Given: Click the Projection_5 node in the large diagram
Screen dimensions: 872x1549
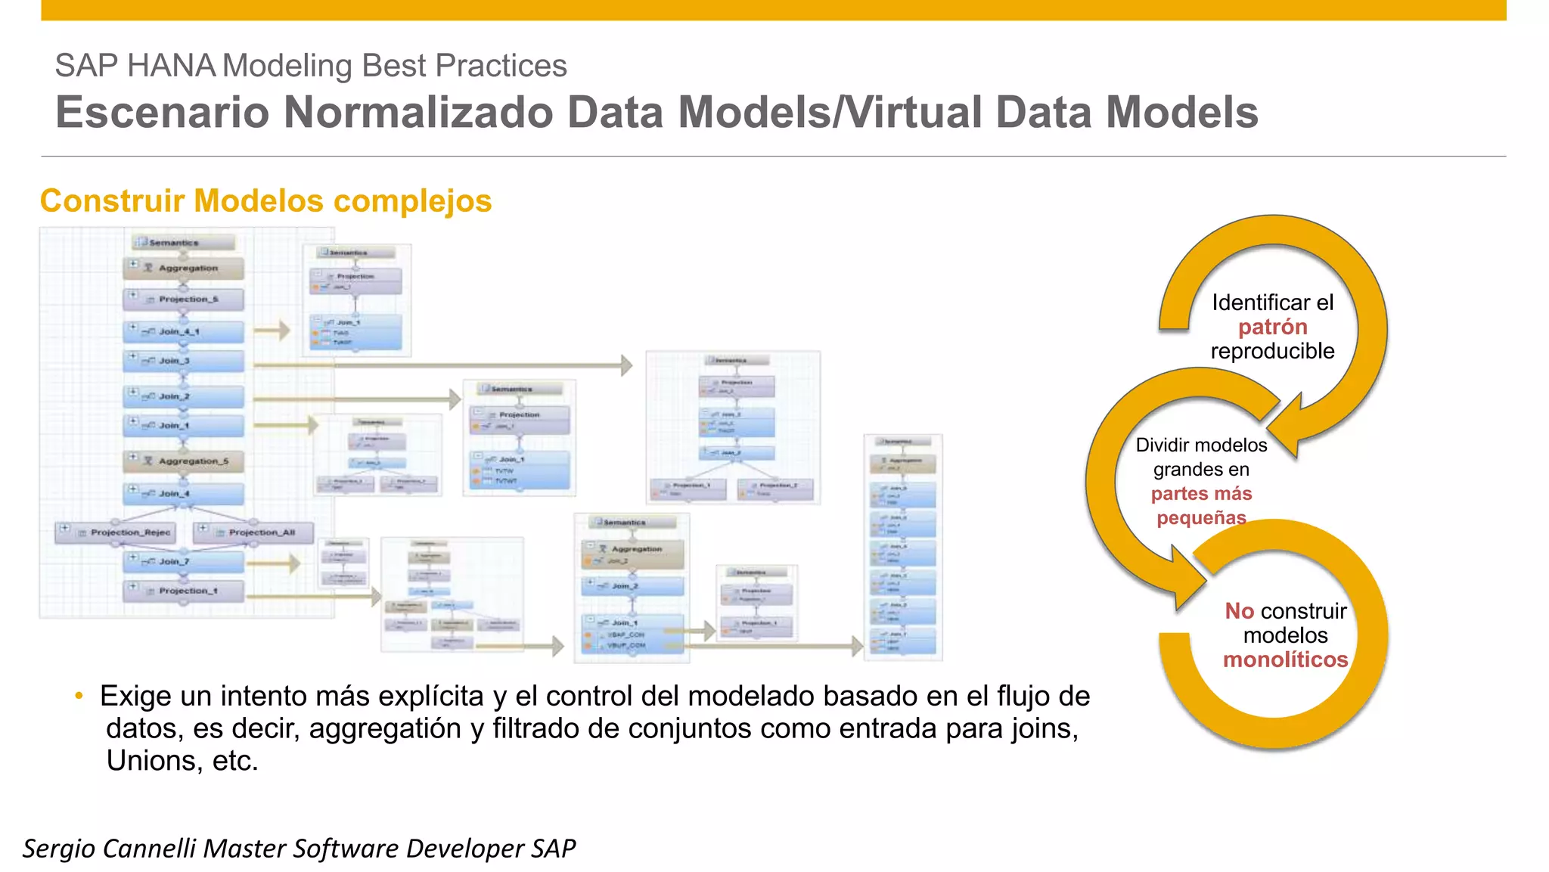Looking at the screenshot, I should [184, 299].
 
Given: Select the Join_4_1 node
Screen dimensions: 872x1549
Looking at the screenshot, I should [184, 331].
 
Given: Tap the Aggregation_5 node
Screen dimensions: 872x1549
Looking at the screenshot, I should [184, 461].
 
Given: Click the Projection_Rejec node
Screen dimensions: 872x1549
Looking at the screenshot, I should [116, 532].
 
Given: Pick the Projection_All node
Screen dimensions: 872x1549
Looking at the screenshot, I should [253, 532].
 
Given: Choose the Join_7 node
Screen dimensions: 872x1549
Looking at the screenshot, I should [184, 561].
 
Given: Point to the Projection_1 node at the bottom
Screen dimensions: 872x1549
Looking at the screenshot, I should [184, 591].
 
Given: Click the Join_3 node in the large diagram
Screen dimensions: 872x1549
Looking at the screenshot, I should [184, 361].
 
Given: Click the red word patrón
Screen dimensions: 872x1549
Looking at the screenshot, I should [1272, 327].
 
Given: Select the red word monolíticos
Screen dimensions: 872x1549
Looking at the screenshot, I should [1285, 659].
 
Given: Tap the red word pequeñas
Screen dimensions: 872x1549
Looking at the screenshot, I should [1201, 518].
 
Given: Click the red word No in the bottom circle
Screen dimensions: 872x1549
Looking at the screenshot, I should [1239, 611].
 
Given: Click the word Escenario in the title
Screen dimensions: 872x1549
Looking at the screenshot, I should [162, 113].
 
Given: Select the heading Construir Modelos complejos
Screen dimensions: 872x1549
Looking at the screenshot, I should [265, 201].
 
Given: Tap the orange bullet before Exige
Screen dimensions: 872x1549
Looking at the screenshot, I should [79, 696].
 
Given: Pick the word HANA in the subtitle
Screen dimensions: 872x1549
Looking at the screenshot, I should [171, 66].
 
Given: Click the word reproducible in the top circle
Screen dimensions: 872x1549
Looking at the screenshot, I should [1272, 351].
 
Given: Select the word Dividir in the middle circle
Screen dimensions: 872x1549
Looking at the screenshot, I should [1163, 445].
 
